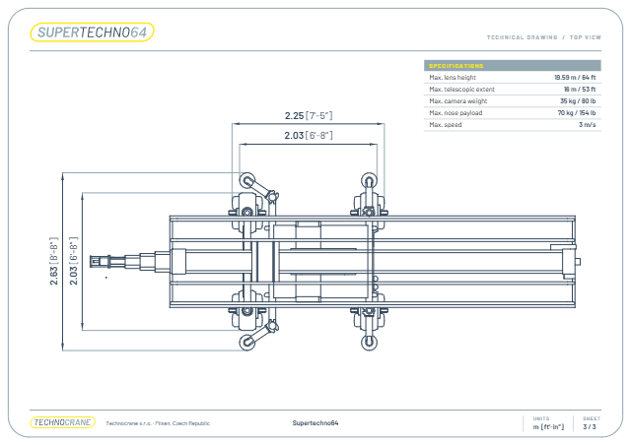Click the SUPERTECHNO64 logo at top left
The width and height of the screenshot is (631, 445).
[x=92, y=32]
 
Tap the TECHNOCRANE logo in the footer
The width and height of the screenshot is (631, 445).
[x=63, y=422]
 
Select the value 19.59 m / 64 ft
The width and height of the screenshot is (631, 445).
[x=575, y=77]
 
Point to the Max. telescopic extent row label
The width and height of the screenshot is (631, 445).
[x=461, y=90]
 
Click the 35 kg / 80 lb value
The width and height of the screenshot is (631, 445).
[x=578, y=100]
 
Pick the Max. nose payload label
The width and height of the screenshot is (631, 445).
[x=456, y=113]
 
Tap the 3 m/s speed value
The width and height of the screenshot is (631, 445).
[x=588, y=125]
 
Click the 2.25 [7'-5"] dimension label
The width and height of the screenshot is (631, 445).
[x=309, y=116]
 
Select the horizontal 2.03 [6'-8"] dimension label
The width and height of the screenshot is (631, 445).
[x=309, y=136]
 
